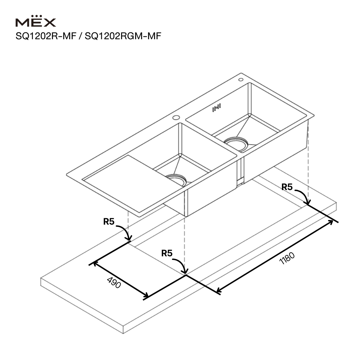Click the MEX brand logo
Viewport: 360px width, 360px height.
coord(36,21)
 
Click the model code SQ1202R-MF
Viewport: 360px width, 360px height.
coord(46,36)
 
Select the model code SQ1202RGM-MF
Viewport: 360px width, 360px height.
coord(123,36)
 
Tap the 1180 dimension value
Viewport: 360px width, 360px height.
coord(287,258)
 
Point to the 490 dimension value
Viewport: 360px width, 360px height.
coord(114,283)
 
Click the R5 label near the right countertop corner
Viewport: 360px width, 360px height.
coord(287,187)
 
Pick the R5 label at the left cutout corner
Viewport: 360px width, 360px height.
coord(109,221)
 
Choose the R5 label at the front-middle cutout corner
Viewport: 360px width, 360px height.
coord(167,253)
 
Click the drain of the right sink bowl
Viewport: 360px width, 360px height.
coord(236,143)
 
